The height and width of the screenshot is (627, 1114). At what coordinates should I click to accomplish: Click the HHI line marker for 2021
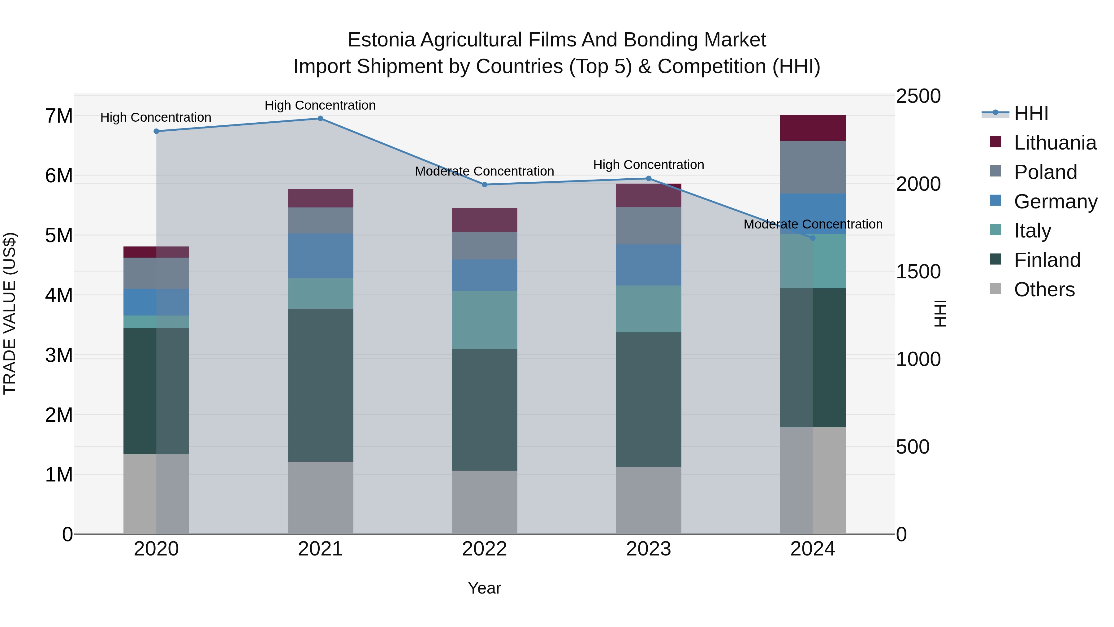tap(321, 119)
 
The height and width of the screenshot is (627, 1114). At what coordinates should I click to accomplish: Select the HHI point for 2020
tap(157, 131)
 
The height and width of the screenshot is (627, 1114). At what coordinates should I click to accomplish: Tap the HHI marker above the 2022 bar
tap(484, 185)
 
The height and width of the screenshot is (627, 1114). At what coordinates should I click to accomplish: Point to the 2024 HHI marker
tap(813, 238)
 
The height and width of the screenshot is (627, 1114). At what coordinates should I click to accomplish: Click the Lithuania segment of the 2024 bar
tap(813, 128)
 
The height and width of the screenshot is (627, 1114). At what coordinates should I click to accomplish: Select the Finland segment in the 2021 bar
tap(321, 385)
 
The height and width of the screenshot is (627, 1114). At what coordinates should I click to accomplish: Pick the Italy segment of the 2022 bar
tap(484, 320)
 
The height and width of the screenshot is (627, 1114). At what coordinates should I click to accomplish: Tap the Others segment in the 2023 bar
tap(648, 500)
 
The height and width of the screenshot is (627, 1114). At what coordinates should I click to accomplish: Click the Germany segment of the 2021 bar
tap(321, 256)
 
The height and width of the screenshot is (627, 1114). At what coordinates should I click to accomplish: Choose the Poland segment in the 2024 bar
tap(813, 167)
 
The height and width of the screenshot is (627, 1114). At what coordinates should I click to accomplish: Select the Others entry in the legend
tap(1044, 290)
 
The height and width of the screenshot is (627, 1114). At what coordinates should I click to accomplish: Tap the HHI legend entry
tap(1031, 113)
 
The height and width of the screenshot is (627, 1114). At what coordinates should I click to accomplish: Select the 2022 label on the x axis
tap(484, 549)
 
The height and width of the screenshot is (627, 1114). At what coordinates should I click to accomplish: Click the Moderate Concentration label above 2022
tap(484, 171)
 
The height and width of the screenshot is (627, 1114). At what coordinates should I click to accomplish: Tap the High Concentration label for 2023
tap(648, 165)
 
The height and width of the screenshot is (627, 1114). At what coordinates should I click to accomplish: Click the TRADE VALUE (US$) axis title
tap(10, 313)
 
